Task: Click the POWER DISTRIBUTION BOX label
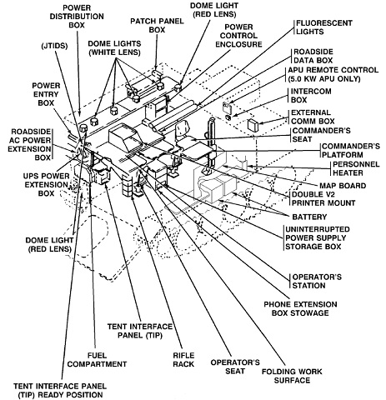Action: pos(77,16)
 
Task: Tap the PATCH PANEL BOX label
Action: pos(157,25)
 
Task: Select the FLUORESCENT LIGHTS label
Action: pos(324,27)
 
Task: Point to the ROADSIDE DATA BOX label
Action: pos(313,56)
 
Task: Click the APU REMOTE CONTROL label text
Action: pos(333,74)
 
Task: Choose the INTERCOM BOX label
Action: pos(311,96)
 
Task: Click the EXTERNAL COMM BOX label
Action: pos(313,117)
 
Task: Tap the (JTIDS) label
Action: pos(54,46)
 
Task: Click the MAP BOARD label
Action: pos(343,186)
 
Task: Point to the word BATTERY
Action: pos(309,217)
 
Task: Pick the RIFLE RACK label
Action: pos(183,360)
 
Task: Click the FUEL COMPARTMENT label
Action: pos(97,360)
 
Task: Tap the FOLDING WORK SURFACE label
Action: pos(292,376)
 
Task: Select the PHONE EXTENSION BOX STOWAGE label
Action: pos(300,308)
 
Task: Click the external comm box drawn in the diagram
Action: pos(253,125)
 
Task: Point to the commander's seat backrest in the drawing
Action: pos(182,130)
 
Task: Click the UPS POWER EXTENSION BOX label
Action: pos(46,185)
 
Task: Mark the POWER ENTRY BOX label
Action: pos(46,94)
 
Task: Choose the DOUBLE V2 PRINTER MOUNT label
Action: pos(323,199)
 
